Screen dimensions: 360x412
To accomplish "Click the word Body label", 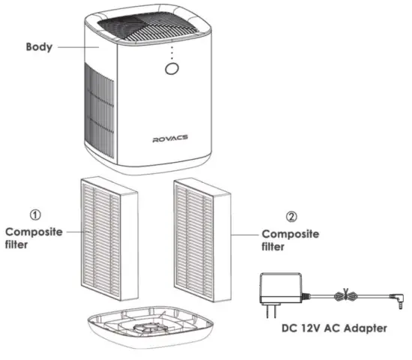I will (x=38, y=46).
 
